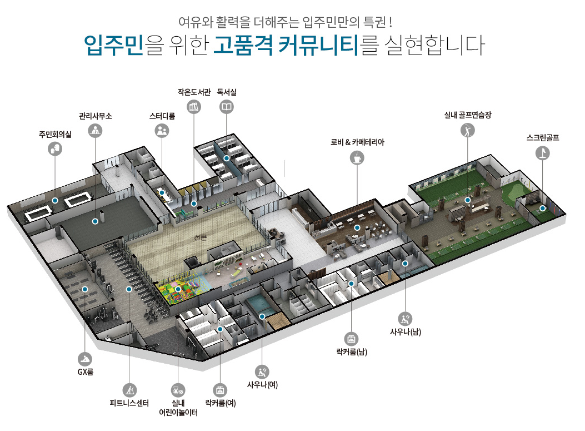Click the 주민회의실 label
tap(55, 134)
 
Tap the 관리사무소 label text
tap(96, 116)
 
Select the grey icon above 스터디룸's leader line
tap(162, 131)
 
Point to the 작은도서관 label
tap(194, 92)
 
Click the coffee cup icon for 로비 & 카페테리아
tap(357, 158)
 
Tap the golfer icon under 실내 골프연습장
tap(468, 131)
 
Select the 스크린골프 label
tap(542, 137)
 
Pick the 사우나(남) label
tap(406, 333)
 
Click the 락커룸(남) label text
tap(352, 352)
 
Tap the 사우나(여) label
tap(262, 385)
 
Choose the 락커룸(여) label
tap(221, 403)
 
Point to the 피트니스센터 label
tap(129, 404)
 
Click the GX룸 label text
tap(85, 371)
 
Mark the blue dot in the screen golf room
tap(542, 209)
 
